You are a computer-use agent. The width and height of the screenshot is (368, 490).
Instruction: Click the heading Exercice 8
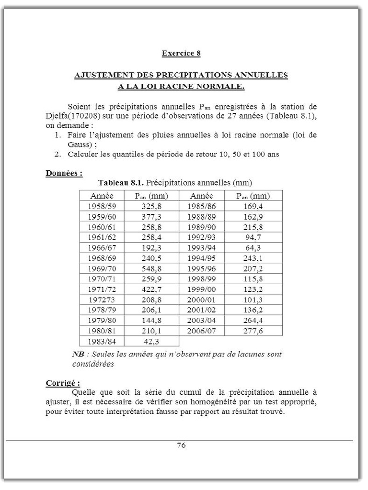[181, 53]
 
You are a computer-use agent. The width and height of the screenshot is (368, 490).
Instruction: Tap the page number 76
[181, 445]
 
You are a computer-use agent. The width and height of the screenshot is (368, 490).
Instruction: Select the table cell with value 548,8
[151, 268]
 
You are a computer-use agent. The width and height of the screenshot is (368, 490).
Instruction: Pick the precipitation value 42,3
[151, 341]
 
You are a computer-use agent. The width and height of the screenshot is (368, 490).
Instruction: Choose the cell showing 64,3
[253, 248]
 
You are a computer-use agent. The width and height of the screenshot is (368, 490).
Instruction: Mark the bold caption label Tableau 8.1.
[121, 183]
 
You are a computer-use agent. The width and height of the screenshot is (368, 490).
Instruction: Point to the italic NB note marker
[77, 355]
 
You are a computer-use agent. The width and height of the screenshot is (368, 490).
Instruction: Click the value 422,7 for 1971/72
[151, 289]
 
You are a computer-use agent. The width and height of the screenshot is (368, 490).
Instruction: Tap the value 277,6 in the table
[253, 331]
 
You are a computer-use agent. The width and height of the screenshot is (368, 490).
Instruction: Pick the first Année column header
[102, 196]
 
